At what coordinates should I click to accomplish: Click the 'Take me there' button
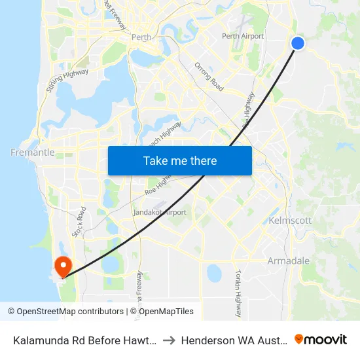180,160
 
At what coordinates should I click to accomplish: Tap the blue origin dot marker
297,43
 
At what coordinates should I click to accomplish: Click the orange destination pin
63,266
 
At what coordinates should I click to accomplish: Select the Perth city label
141,37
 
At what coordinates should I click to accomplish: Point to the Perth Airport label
243,36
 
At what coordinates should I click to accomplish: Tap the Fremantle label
33,152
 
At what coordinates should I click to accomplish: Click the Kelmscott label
290,221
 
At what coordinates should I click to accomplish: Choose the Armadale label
289,261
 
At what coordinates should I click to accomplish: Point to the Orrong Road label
209,77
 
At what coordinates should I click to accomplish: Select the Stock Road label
79,223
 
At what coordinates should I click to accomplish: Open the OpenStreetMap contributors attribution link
67,312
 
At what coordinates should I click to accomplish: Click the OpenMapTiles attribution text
162,312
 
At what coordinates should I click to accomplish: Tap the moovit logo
321,339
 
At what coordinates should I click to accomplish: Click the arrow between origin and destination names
168,340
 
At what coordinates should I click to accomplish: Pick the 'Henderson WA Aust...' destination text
232,340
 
